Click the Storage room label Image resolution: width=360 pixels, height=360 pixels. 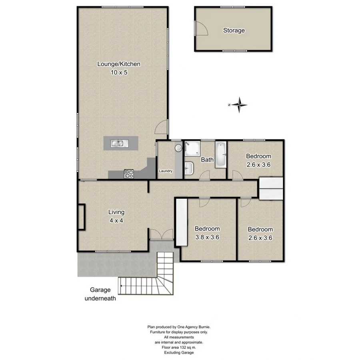tap(234, 30)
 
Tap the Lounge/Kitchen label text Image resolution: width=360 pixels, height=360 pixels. tap(119, 64)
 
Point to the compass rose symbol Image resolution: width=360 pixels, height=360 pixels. tap(239, 105)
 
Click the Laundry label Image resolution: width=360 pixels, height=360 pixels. tap(166, 171)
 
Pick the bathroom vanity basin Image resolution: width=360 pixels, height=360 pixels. tap(189, 168)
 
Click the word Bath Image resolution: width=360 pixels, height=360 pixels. tap(207, 160)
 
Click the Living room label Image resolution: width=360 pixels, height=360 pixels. tap(116, 212)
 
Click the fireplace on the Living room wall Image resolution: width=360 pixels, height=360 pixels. tap(82, 217)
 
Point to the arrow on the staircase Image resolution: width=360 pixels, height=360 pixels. tap(120, 286)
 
